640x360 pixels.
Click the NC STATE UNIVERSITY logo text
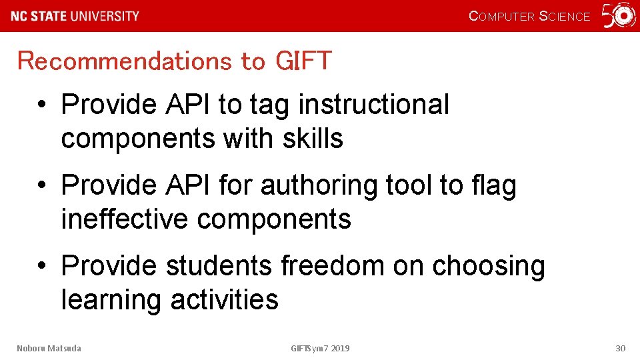click(x=75, y=16)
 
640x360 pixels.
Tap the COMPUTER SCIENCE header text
click(x=529, y=16)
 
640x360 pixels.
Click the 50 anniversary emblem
click(x=619, y=16)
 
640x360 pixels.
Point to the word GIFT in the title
click(x=303, y=61)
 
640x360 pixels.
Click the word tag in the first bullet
click(x=271, y=105)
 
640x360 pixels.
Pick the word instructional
click(x=374, y=105)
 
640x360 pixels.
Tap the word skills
click(x=313, y=139)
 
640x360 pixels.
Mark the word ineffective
click(x=124, y=219)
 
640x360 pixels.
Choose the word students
click(x=219, y=266)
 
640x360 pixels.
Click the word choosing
click(x=489, y=267)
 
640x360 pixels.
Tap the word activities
click(x=225, y=299)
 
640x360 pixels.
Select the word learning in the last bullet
click(x=111, y=300)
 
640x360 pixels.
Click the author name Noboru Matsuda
click(x=49, y=348)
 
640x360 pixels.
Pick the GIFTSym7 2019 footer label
click(x=320, y=348)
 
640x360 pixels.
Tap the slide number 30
click(x=620, y=348)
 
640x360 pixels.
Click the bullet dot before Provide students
click(x=41, y=267)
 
